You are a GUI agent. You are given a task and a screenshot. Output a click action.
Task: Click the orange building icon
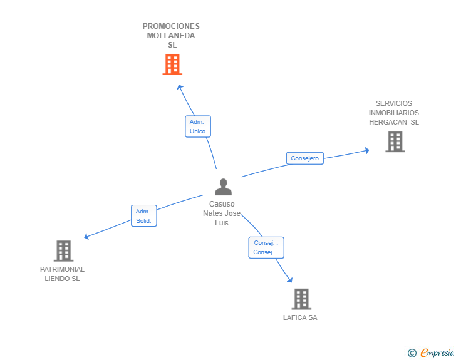tap(172, 64)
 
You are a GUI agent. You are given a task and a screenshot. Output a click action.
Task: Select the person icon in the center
tap(223, 187)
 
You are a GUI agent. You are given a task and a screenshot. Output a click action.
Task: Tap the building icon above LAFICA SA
tap(301, 299)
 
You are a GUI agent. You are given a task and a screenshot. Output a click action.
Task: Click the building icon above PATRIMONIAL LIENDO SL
tap(64, 250)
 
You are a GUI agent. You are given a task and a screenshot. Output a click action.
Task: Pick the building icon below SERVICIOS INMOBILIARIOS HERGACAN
tap(395, 141)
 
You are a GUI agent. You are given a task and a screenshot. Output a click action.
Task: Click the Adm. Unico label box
tap(198, 126)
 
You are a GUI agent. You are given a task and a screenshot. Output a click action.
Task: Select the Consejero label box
tap(305, 158)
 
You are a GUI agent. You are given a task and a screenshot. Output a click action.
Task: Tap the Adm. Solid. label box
tap(143, 216)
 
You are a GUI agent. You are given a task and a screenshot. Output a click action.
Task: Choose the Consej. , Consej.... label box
tap(266, 247)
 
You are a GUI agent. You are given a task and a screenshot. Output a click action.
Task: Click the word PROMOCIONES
tap(171, 26)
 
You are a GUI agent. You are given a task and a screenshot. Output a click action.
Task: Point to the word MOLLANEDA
tap(171, 36)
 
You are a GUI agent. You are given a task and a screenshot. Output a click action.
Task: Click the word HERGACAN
tap(388, 122)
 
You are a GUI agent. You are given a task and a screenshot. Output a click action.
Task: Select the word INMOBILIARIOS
tap(394, 113)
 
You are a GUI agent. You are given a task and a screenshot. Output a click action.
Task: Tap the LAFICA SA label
tap(300, 317)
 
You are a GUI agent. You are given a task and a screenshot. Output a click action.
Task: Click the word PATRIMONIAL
tap(62, 269)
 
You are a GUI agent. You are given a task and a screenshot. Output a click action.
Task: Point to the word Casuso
tap(222, 204)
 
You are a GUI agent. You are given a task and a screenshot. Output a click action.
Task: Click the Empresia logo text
tap(437, 352)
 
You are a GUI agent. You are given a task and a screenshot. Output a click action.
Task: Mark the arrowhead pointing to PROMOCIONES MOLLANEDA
tap(180, 87)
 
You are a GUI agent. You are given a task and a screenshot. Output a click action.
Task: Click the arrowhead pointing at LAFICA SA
tap(289, 280)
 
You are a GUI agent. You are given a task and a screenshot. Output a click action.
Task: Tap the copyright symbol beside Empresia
tap(412, 353)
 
